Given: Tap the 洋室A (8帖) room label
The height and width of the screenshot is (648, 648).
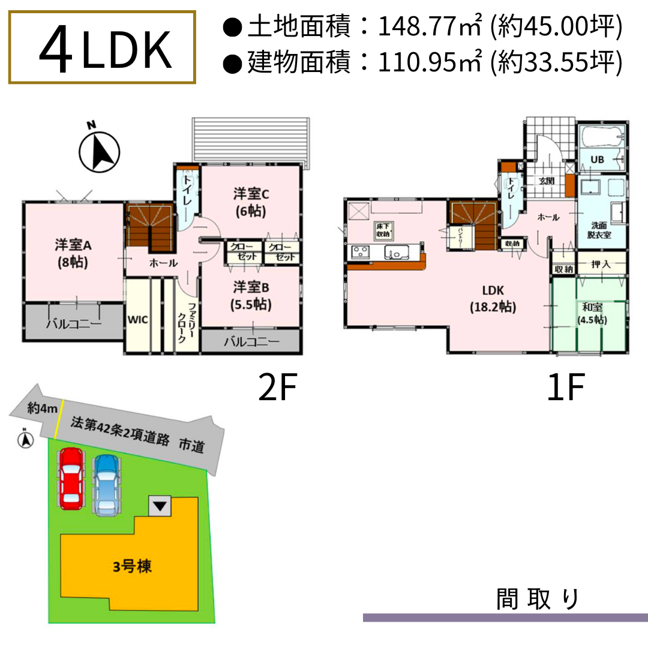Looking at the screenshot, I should click(x=73, y=253).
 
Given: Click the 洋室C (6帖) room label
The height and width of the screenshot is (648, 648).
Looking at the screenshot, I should click(x=250, y=202).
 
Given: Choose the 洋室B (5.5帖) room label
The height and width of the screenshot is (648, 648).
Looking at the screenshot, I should click(x=251, y=295).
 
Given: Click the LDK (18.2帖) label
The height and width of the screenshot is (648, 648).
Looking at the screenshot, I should click(x=492, y=299).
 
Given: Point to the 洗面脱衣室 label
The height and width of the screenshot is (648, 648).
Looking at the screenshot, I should click(x=600, y=230).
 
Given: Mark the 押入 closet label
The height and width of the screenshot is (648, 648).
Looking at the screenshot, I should click(x=601, y=264).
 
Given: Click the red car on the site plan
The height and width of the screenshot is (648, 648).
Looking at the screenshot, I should click(x=71, y=479).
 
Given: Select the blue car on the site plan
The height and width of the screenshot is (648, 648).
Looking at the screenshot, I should click(x=106, y=485).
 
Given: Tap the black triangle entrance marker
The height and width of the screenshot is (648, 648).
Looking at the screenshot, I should click(x=159, y=506).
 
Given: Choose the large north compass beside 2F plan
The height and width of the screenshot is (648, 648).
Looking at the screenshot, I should click(x=100, y=150).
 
